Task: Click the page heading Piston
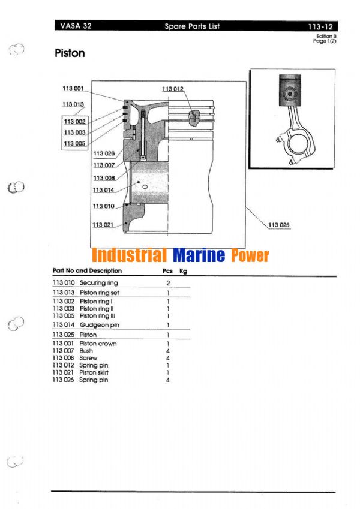tap(70, 53)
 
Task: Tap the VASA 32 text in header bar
tap(76, 26)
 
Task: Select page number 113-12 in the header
tap(320, 26)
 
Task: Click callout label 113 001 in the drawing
tap(73, 89)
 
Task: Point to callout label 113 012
tap(173, 89)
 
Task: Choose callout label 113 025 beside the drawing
tap(278, 225)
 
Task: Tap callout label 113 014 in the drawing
tap(103, 190)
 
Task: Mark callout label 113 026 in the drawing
tap(103, 153)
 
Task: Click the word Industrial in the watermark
tap(129, 256)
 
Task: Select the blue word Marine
tap(199, 256)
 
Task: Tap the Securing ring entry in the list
tap(99, 282)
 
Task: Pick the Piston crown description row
tap(98, 344)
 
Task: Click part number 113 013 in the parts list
tap(63, 292)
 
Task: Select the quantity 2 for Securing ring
tap(168, 282)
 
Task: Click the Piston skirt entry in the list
tap(96, 372)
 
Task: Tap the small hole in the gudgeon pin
tap(145, 187)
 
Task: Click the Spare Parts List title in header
tap(192, 26)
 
